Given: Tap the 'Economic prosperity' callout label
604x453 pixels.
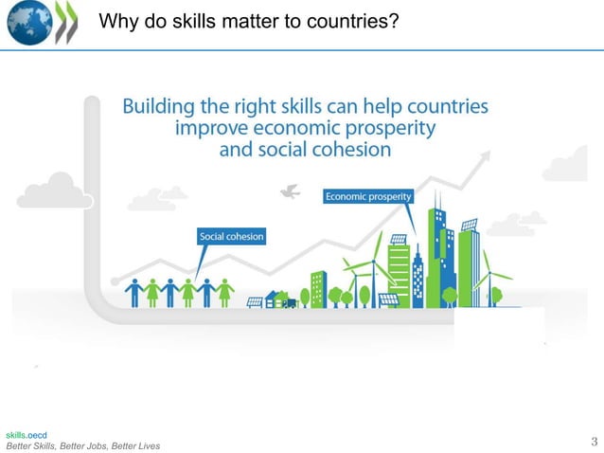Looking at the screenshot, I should pyautogui.click(x=368, y=196).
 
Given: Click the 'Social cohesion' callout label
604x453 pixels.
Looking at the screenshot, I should pyautogui.click(x=231, y=235).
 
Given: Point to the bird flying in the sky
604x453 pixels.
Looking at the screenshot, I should pyautogui.click(x=290, y=192).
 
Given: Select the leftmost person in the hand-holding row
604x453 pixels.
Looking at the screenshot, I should pyautogui.click(x=133, y=291).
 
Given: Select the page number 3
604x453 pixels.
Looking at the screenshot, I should pyautogui.click(x=594, y=440).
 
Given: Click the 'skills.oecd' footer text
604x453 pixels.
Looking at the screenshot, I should pyautogui.click(x=26, y=433).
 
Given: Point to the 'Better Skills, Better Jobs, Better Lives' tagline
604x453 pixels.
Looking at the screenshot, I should pyautogui.click(x=83, y=445).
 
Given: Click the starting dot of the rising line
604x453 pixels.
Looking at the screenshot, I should pyautogui.click(x=115, y=281).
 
